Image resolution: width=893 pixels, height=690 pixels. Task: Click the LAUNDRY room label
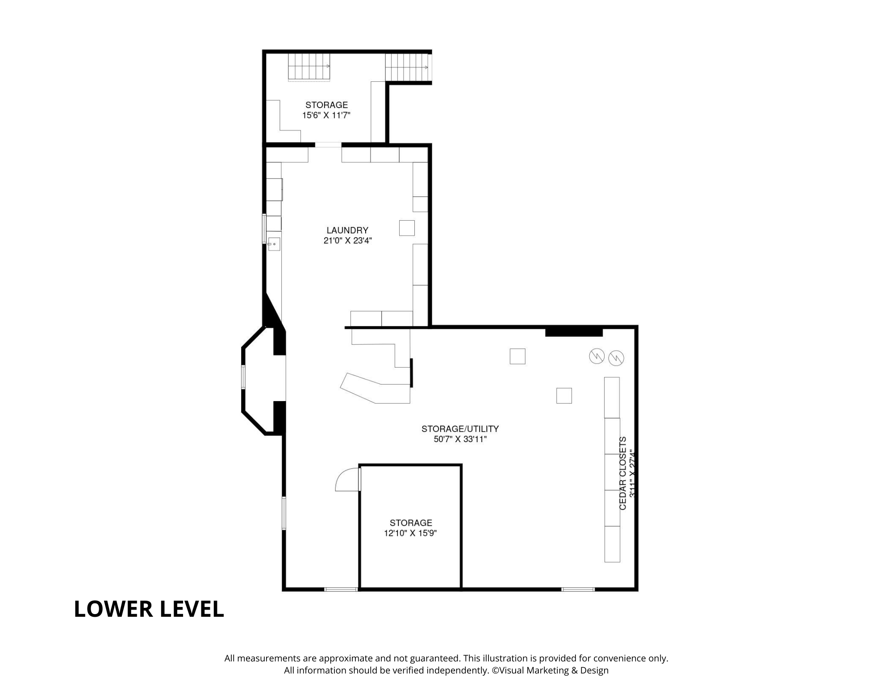point(347,230)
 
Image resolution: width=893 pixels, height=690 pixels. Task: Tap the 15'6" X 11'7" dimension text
point(326,115)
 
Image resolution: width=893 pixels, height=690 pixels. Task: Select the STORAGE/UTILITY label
point(460,429)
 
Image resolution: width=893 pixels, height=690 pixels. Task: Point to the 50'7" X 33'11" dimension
point(460,439)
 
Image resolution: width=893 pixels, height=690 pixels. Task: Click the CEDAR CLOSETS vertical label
point(623,473)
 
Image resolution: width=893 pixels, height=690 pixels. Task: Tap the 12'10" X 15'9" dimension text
point(410,533)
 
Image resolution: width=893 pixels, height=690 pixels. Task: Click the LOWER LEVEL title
point(149,609)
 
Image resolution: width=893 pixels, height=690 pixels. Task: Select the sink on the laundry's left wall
point(274,244)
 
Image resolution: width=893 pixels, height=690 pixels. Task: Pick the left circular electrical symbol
point(597,356)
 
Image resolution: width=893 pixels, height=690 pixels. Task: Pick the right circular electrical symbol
point(616,358)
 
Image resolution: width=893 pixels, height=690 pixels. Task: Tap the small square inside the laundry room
point(407,228)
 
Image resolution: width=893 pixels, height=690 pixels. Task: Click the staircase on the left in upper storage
point(309,67)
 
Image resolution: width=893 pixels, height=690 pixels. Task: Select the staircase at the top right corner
point(408,67)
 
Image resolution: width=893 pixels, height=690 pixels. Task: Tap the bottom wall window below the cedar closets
point(578,589)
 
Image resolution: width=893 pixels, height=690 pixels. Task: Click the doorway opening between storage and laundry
point(328,144)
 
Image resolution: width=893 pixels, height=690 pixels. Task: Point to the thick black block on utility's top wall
point(574,332)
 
